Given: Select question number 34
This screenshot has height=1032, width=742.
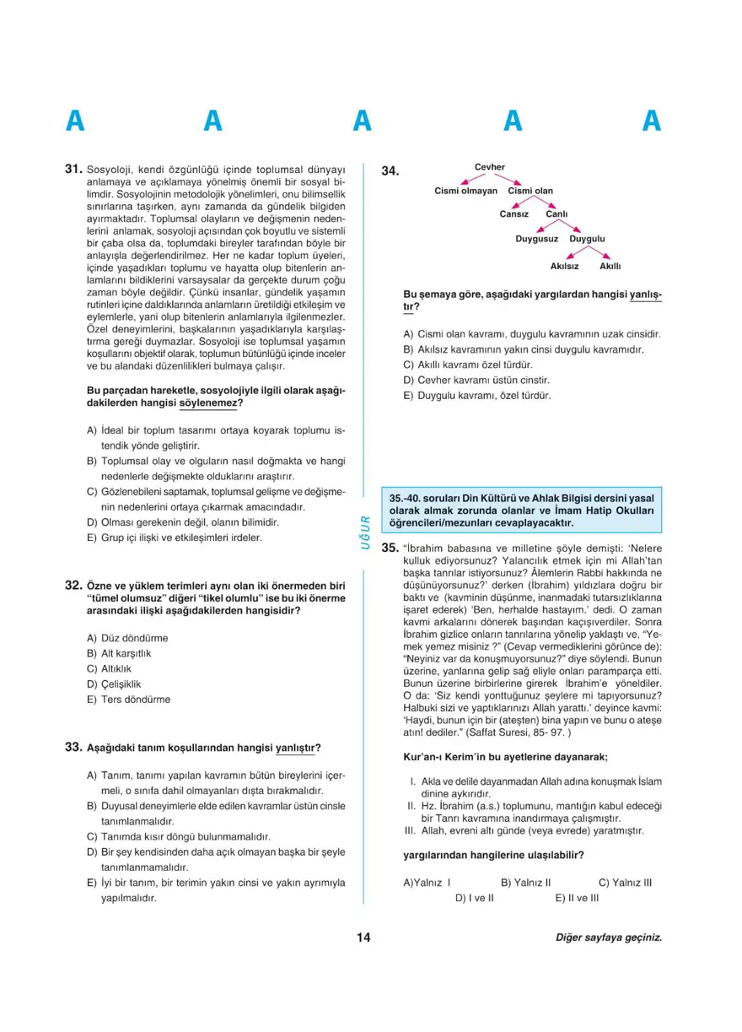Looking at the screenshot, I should pyautogui.click(x=389, y=171).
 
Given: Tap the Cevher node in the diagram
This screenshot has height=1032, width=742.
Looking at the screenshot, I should pyautogui.click(x=490, y=167).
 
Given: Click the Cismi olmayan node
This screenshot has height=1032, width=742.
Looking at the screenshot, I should pyautogui.click(x=465, y=191).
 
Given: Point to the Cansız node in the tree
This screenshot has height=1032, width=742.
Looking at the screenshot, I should pyautogui.click(x=513, y=214).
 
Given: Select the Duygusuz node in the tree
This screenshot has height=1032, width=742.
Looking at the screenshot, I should pyautogui.click(x=537, y=239).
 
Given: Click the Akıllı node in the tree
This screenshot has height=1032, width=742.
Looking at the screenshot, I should pyautogui.click(x=610, y=266).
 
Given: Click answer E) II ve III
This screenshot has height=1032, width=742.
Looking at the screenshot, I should pyautogui.click(x=577, y=898).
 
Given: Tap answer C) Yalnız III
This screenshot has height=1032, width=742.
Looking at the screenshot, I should pyautogui.click(x=625, y=883).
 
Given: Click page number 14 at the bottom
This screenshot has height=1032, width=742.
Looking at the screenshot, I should pyautogui.click(x=363, y=937).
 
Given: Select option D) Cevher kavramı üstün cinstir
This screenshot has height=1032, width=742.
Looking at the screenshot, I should pyautogui.click(x=476, y=380).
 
